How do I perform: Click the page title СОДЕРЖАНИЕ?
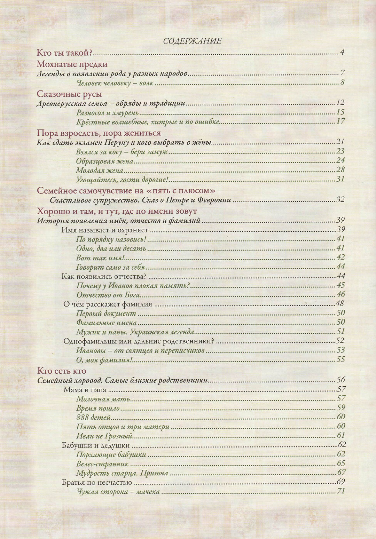[192, 41]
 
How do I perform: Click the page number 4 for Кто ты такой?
[342, 53]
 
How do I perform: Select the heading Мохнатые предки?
[72, 64]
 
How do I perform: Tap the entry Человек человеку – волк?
[115, 83]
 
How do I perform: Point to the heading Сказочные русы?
[69, 94]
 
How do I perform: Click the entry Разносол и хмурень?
[108, 112]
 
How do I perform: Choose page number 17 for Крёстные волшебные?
[340, 121]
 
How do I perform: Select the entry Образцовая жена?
[105, 161]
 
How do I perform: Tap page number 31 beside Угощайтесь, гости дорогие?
[340, 179]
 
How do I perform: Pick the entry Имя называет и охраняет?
[105, 230]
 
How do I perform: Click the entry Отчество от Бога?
[108, 295]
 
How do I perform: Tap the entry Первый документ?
[106, 313]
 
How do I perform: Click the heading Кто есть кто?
[62, 371]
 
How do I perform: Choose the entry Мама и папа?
[85, 390]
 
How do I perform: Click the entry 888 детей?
[93, 417]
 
